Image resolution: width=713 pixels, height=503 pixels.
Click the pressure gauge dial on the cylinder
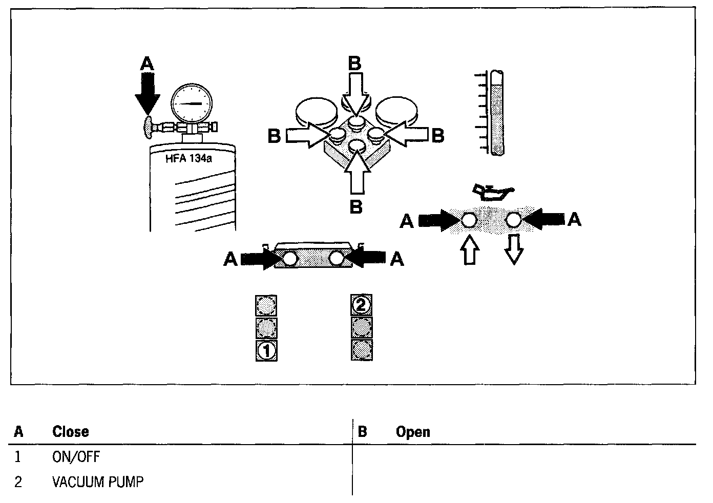(x=192, y=103)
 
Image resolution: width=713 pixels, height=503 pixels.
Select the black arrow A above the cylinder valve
(x=147, y=90)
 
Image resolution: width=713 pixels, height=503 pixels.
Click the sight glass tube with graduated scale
(x=497, y=113)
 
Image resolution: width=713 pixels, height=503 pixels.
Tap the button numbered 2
(x=361, y=305)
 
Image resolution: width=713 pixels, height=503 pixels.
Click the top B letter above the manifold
(x=354, y=64)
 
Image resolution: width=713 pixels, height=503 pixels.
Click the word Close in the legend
(x=70, y=432)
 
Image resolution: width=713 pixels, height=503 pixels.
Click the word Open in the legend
(x=413, y=432)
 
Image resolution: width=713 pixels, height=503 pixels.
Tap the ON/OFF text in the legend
(x=76, y=457)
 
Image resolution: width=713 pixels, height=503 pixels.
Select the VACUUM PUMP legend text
(x=98, y=482)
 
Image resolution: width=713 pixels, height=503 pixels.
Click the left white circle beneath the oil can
(x=469, y=220)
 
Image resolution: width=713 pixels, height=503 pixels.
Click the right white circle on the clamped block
(x=337, y=259)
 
